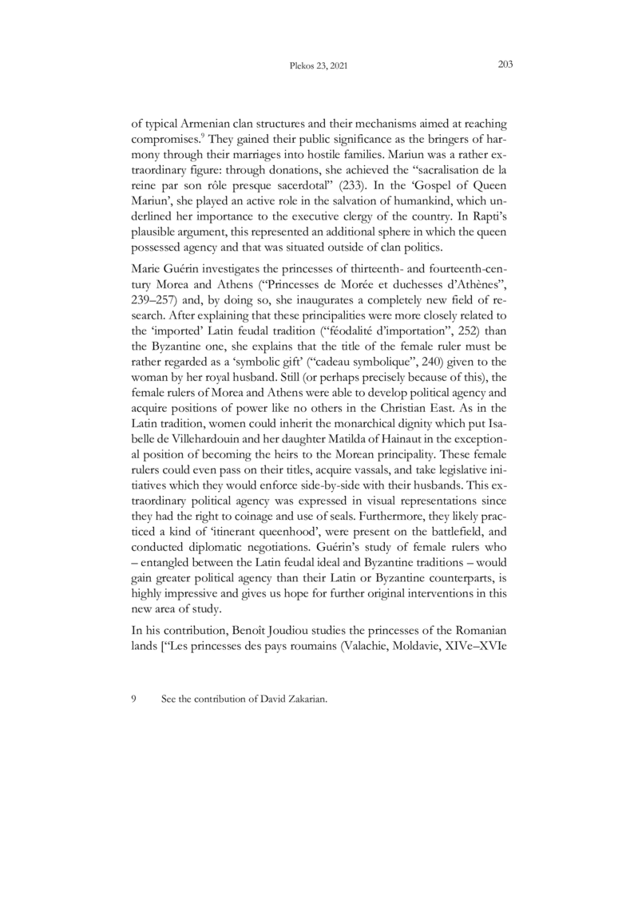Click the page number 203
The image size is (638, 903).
coord(504,66)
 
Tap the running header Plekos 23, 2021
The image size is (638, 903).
coord(319,67)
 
